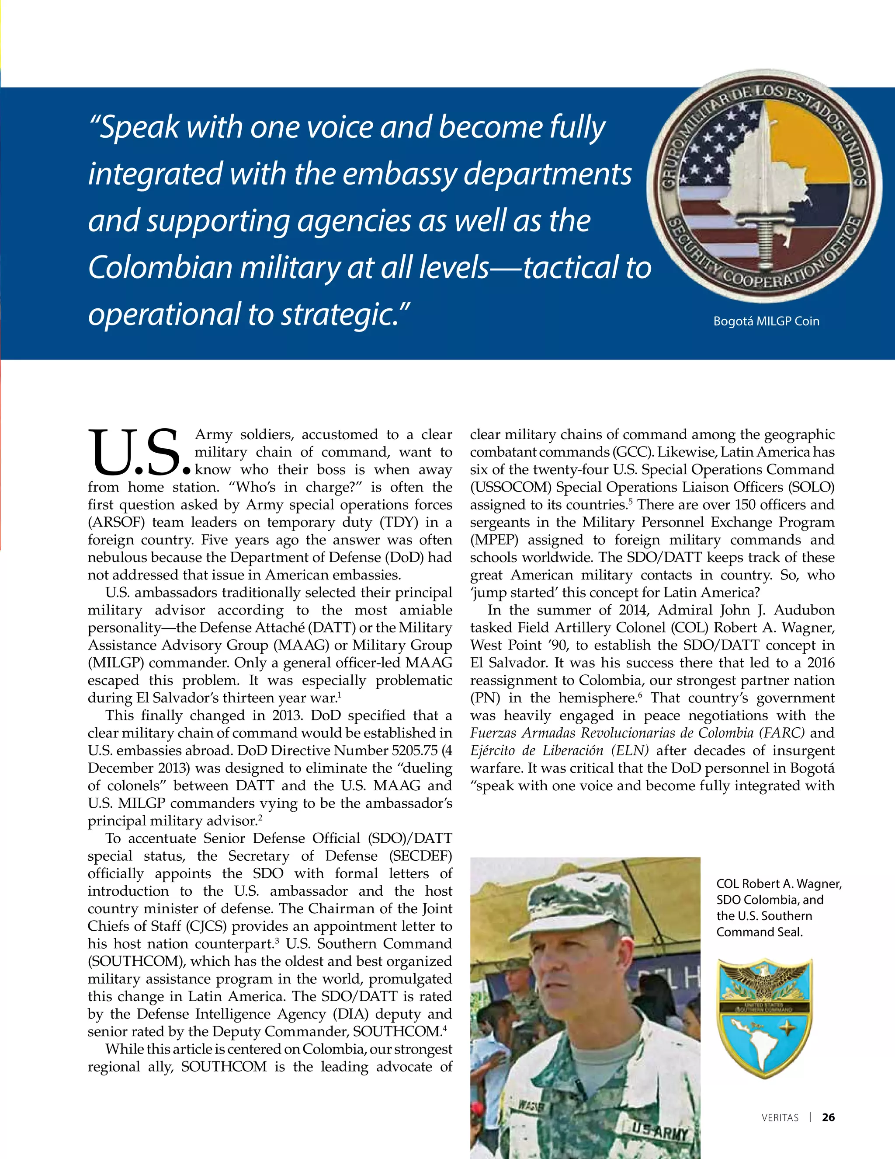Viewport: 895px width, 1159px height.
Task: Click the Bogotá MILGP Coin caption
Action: pyautogui.click(x=766, y=321)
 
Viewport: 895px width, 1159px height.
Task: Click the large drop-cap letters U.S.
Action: pyautogui.click(x=139, y=453)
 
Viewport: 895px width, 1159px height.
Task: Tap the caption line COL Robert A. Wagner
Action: pyautogui.click(x=778, y=883)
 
